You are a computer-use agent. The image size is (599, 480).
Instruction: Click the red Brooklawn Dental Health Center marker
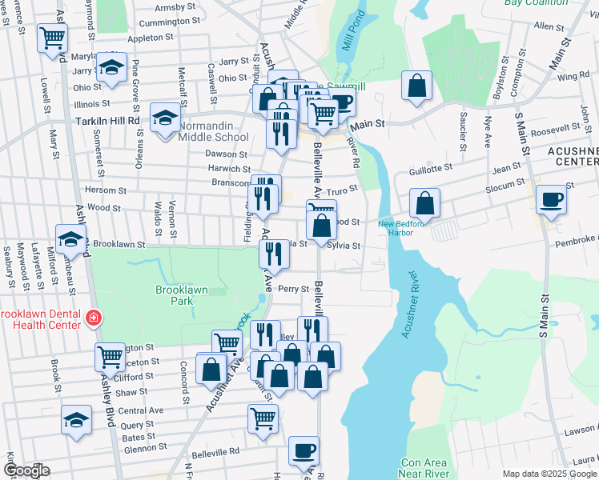click(x=94, y=318)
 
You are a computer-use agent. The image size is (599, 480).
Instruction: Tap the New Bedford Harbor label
click(x=396, y=228)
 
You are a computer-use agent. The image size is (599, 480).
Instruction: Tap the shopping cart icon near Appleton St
click(x=53, y=37)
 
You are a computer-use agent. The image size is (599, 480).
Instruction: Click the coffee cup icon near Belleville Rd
click(x=304, y=451)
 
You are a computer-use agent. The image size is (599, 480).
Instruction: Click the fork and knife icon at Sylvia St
click(x=274, y=254)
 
